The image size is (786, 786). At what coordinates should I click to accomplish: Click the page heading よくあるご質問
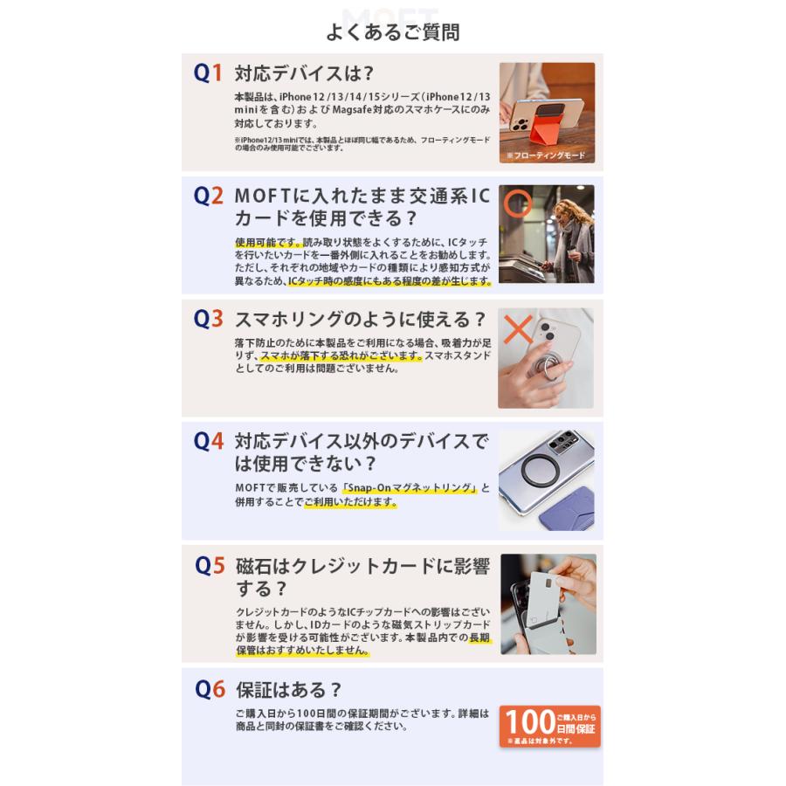click(x=392, y=32)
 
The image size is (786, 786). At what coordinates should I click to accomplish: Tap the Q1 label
click(x=208, y=73)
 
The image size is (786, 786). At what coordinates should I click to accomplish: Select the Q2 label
click(x=208, y=196)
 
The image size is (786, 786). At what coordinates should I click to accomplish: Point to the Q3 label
click(x=208, y=319)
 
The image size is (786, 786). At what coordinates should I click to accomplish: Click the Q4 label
click(x=208, y=441)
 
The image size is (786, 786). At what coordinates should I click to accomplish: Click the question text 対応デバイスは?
click(x=304, y=73)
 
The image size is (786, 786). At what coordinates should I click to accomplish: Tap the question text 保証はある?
click(x=289, y=689)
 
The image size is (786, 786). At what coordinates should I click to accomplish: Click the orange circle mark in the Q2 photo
click(x=518, y=203)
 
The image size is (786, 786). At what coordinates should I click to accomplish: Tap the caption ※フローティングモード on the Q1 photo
click(x=546, y=155)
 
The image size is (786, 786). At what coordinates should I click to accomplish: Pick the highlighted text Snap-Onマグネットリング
click(x=410, y=487)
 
